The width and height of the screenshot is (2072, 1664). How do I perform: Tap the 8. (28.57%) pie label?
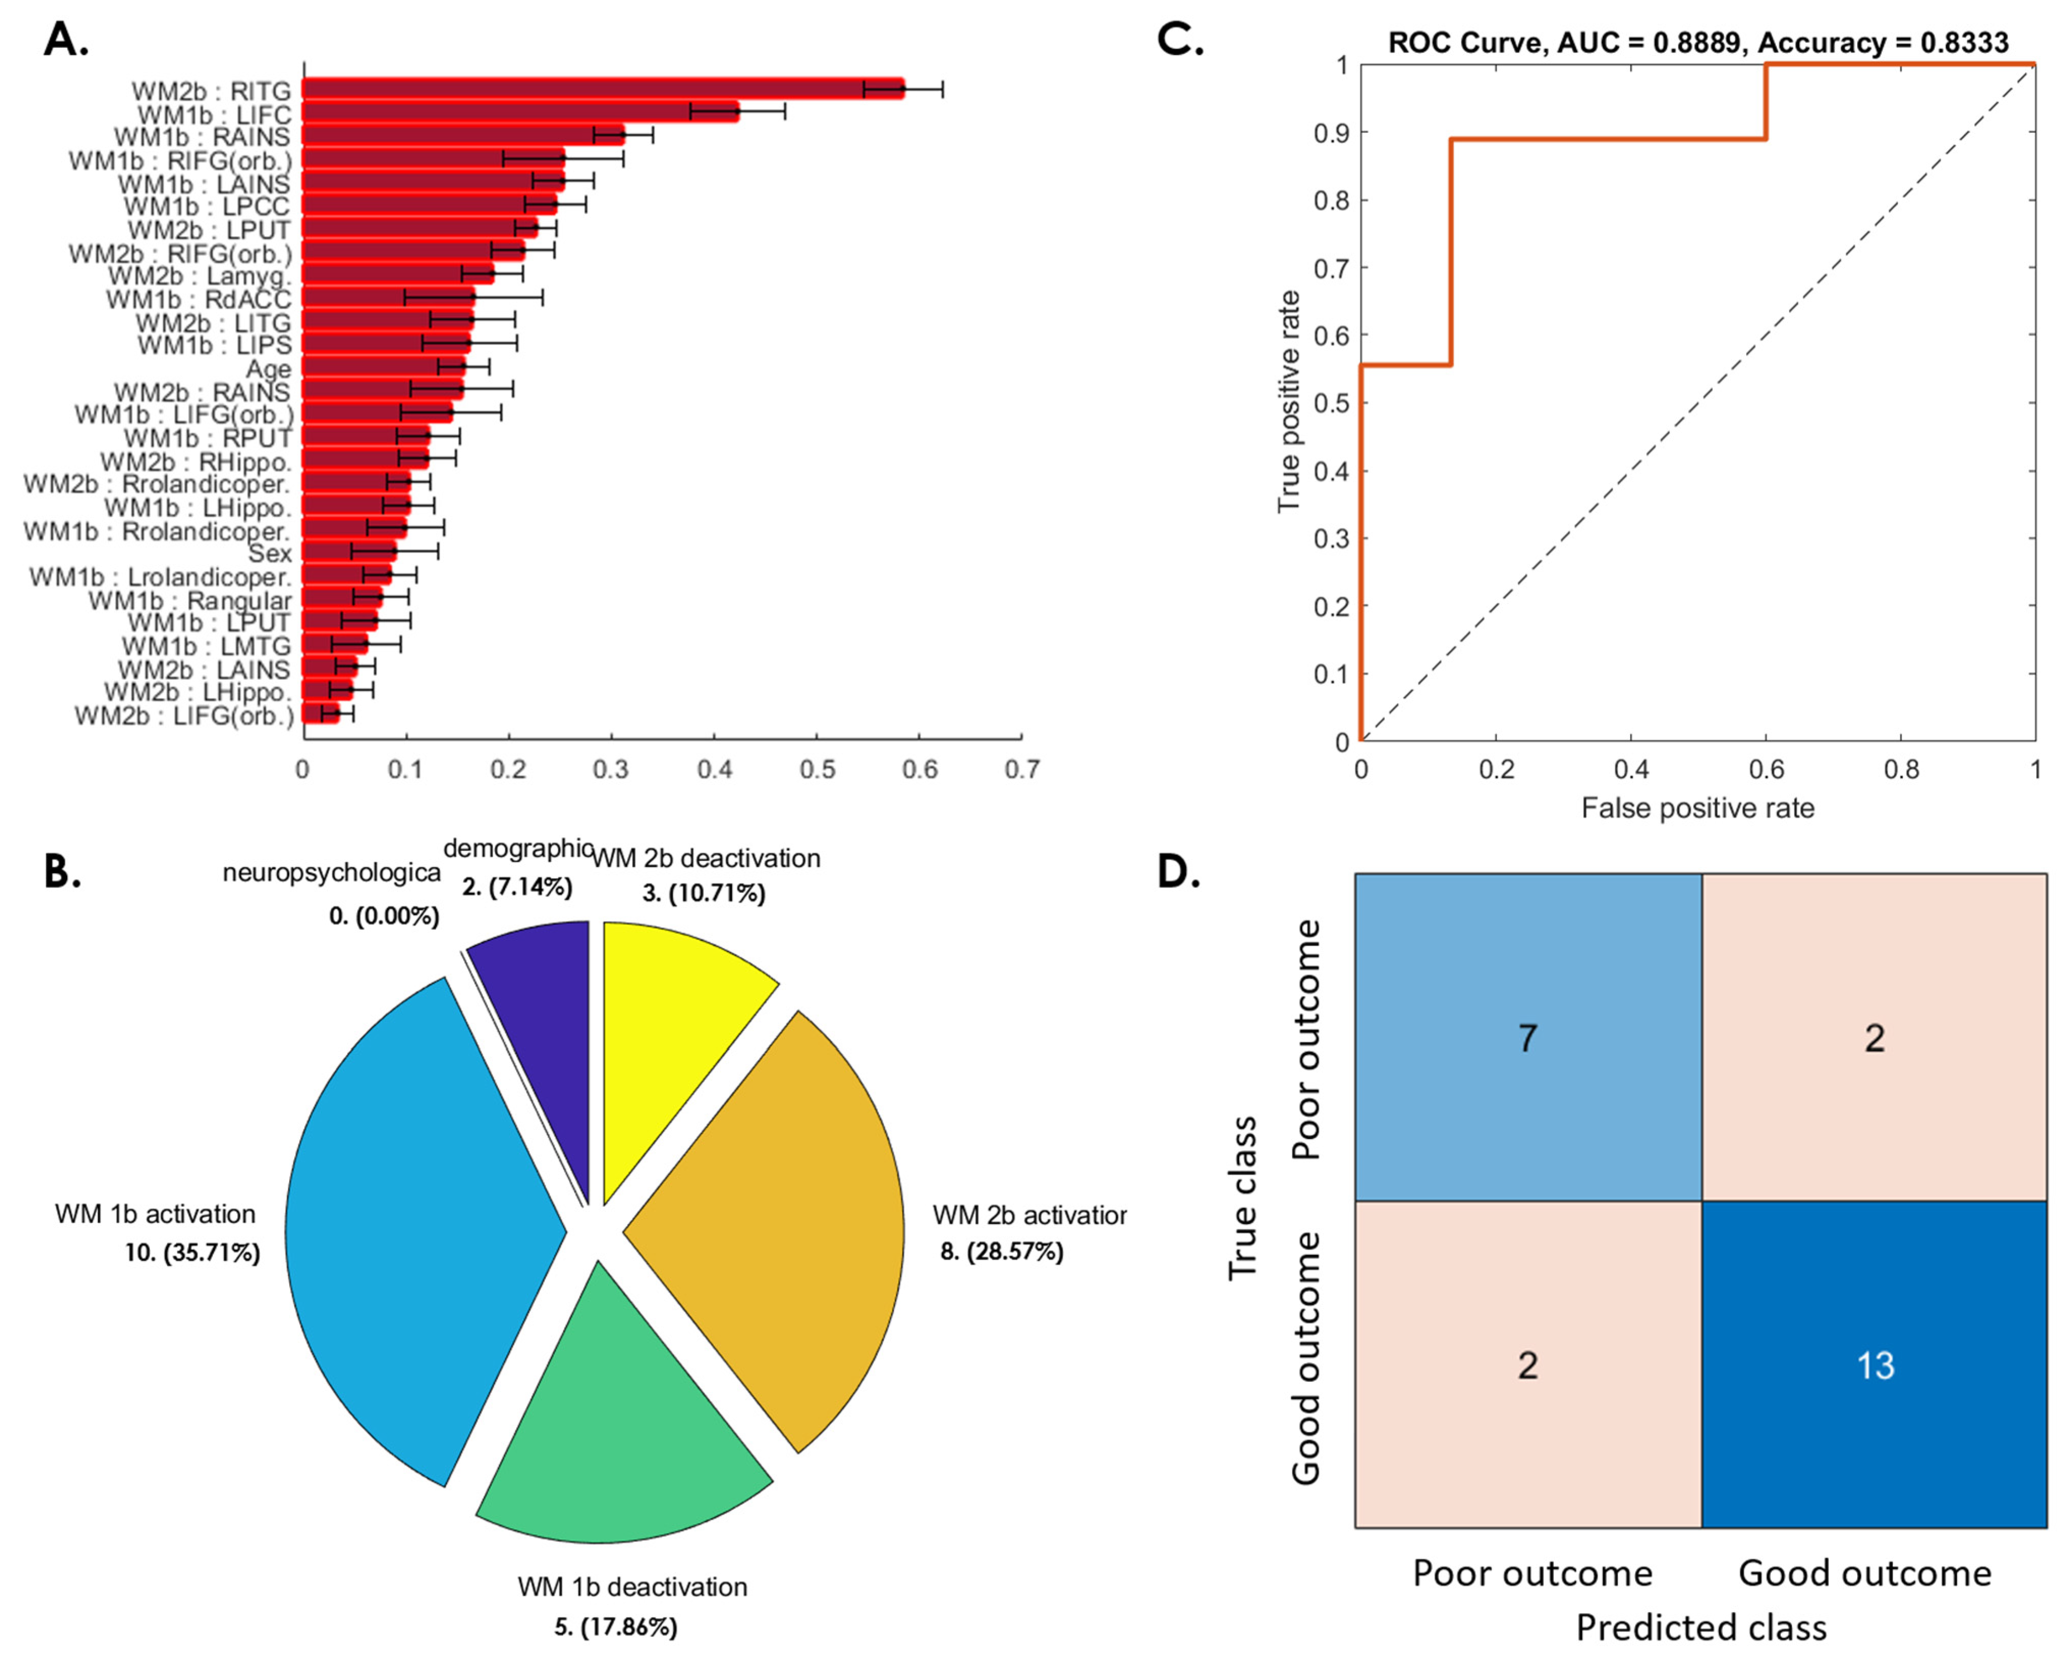(1002, 1252)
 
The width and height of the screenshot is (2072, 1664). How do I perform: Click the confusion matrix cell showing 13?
(1874, 1365)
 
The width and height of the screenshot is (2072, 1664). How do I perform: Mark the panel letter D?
(1179, 872)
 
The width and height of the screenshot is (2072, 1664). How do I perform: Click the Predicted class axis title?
(1701, 1627)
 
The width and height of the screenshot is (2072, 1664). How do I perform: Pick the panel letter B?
(62, 872)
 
